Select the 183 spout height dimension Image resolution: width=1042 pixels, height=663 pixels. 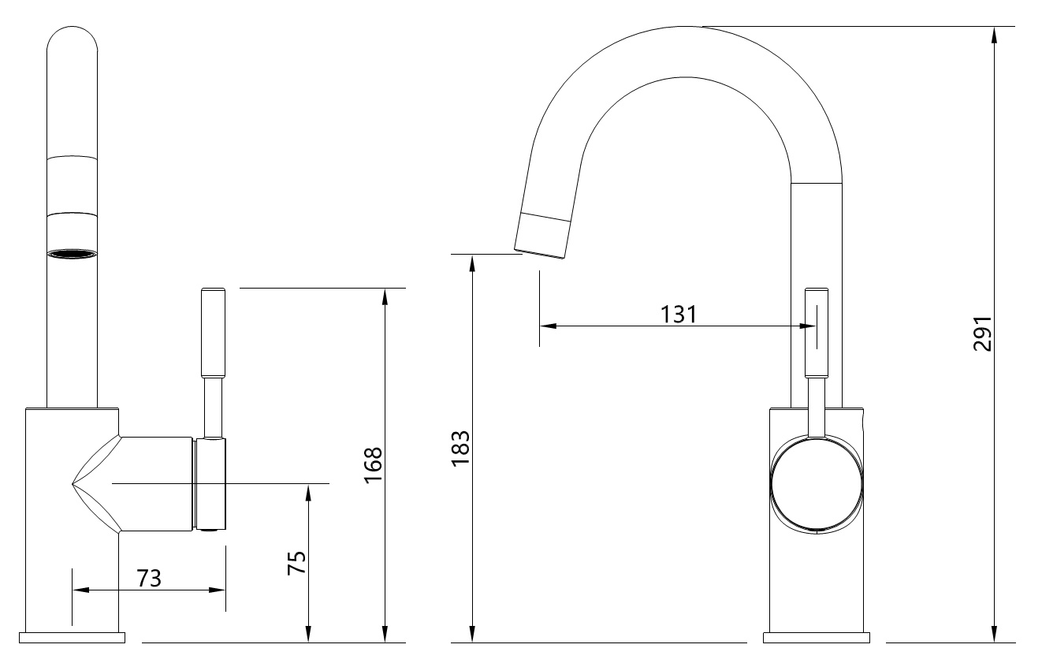(x=460, y=447)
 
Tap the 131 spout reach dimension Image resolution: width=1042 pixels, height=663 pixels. (x=679, y=314)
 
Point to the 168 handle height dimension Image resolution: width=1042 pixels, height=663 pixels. (x=373, y=464)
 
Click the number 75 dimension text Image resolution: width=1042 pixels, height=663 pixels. (x=296, y=562)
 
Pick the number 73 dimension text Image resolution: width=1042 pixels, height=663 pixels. (x=149, y=578)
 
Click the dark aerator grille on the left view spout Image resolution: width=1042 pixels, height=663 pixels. (x=73, y=254)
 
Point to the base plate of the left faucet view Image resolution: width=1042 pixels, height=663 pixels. (x=72, y=637)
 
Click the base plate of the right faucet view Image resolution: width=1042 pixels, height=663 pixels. (x=816, y=637)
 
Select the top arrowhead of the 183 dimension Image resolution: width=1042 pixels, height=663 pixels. (x=472, y=261)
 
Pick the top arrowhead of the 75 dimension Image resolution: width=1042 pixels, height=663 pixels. (x=308, y=490)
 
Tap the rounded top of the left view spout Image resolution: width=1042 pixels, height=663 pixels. (x=73, y=35)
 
